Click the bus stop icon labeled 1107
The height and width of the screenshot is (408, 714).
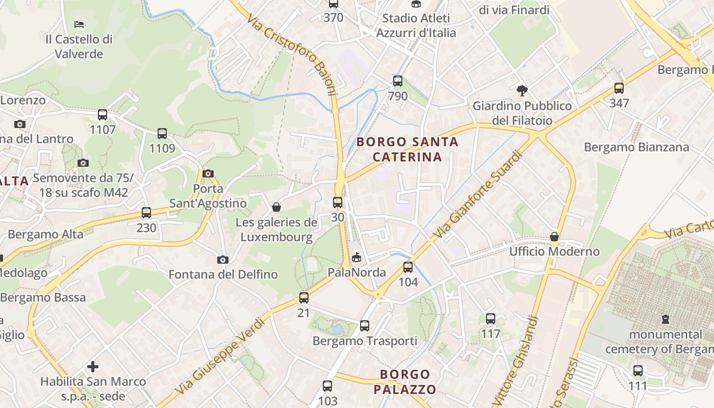coord(103,115)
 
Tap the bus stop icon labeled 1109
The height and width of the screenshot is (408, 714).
coord(162,134)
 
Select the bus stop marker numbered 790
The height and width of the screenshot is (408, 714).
coord(398,81)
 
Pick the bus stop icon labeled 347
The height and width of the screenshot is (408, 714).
coord(619,88)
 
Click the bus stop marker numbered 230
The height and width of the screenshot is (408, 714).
coord(146,213)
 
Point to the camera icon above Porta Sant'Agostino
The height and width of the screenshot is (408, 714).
coord(208,173)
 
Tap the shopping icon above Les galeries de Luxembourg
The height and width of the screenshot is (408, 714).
coord(276,207)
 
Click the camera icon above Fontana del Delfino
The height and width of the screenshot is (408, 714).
coord(223,260)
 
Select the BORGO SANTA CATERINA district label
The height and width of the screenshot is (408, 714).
coord(407,149)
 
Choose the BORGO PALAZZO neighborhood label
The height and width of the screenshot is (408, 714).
coord(405,382)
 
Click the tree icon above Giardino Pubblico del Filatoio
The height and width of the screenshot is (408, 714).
coord(522,91)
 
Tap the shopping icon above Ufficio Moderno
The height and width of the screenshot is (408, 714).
coord(554,237)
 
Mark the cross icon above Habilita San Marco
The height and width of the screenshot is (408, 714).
coord(93,366)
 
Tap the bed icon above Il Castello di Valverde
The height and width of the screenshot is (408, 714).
coord(79,24)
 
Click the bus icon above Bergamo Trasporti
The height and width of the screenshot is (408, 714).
coord(365,325)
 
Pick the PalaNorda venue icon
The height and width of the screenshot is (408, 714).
coord(356,257)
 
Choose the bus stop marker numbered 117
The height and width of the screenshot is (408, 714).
coord(491,319)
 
